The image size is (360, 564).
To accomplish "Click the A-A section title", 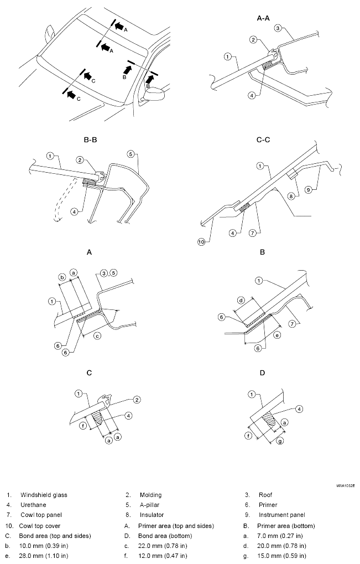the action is (263, 18).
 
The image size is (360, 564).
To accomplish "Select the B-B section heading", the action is (90, 140).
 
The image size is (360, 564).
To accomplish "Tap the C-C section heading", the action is (263, 140).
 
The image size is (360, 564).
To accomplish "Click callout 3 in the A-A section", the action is (278, 28).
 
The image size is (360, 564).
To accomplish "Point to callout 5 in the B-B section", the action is (131, 154).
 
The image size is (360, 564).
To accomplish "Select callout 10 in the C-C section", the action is (201, 242).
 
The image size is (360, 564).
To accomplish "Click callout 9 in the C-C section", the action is (308, 189).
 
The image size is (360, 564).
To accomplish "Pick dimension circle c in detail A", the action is (97, 336).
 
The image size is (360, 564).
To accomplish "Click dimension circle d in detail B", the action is (242, 300).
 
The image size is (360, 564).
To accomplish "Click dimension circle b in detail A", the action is (62, 277).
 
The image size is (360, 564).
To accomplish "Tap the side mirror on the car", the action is (153, 94).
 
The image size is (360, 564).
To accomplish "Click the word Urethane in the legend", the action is (33, 505).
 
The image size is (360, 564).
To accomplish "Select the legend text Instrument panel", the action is (281, 515).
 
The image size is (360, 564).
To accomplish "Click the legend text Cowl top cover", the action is (39, 526).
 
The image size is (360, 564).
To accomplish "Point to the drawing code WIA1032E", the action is (346, 486).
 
